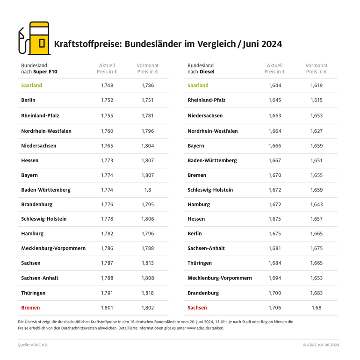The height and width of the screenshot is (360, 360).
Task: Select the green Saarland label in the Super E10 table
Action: click(31, 86)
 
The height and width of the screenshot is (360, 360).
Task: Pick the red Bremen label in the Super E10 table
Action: click(30, 308)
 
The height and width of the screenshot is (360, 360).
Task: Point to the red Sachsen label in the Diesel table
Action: click(197, 308)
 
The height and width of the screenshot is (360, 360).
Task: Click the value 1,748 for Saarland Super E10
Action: click(107, 86)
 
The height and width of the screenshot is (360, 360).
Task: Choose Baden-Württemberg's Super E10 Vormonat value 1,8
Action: click(147, 190)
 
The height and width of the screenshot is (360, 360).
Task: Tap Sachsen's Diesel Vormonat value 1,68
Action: click(316, 308)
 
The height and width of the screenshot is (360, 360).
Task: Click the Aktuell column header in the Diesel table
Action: click(274, 69)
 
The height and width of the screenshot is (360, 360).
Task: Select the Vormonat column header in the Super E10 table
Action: click(147, 69)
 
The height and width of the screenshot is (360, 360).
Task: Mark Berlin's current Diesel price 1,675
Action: click(274, 233)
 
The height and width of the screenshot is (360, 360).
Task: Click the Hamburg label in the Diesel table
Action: click(199, 204)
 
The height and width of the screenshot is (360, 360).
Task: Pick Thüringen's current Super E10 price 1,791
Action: click(107, 293)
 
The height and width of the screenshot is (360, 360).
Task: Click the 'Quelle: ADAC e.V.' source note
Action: click(33, 345)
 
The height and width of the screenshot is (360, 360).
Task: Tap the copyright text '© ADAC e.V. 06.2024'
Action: click(321, 345)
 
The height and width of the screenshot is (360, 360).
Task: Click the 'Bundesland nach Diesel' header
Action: click(201, 69)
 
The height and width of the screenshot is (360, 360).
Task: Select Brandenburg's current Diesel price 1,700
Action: click(274, 293)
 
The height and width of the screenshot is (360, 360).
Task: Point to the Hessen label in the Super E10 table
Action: click(29, 160)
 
